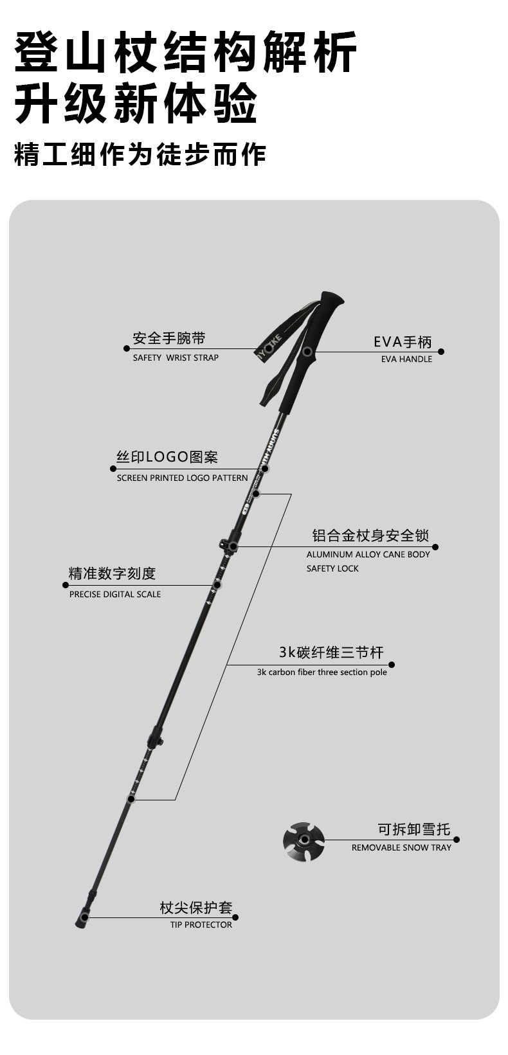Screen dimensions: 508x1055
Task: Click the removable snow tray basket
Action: (303, 840)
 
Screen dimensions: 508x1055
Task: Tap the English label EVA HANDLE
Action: (406, 359)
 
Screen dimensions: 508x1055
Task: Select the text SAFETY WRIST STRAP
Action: (176, 358)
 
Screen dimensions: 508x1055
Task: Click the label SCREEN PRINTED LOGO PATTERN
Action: (182, 478)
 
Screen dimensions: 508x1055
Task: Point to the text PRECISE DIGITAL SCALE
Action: (115, 595)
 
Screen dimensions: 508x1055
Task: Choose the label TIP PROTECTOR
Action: (201, 925)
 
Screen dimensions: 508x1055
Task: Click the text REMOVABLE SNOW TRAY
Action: (401, 848)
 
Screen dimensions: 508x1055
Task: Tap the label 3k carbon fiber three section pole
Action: (322, 672)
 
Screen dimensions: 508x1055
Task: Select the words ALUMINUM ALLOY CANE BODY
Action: (368, 555)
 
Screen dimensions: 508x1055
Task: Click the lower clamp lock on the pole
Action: (156, 737)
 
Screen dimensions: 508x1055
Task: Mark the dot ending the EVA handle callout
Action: (441, 352)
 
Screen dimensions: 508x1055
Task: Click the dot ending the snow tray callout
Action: (457, 840)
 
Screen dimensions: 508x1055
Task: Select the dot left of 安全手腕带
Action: (127, 348)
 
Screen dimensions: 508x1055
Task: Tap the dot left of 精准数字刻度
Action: (65, 585)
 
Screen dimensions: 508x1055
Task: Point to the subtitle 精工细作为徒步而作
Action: (140, 156)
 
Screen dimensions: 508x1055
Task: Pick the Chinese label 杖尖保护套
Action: (195, 908)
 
